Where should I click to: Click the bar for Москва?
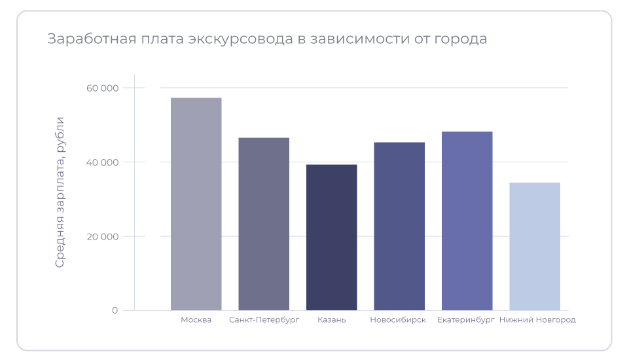coord(196,204)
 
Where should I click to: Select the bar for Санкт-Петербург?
coord(264,224)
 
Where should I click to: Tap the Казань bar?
coord(332,238)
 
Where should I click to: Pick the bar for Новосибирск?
coord(399,226)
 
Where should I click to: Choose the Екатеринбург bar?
coord(467,221)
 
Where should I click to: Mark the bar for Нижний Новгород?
coord(535,247)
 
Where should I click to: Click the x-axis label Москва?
coord(196,320)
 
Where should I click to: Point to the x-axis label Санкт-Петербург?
coord(264,320)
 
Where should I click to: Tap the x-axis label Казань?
coord(332,320)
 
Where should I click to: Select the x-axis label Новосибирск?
coord(398,320)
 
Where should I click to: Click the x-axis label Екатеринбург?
coord(466,320)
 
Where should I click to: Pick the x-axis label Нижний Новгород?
coord(537,320)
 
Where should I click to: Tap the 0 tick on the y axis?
coord(115,310)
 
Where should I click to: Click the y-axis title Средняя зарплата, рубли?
coord(60,192)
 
